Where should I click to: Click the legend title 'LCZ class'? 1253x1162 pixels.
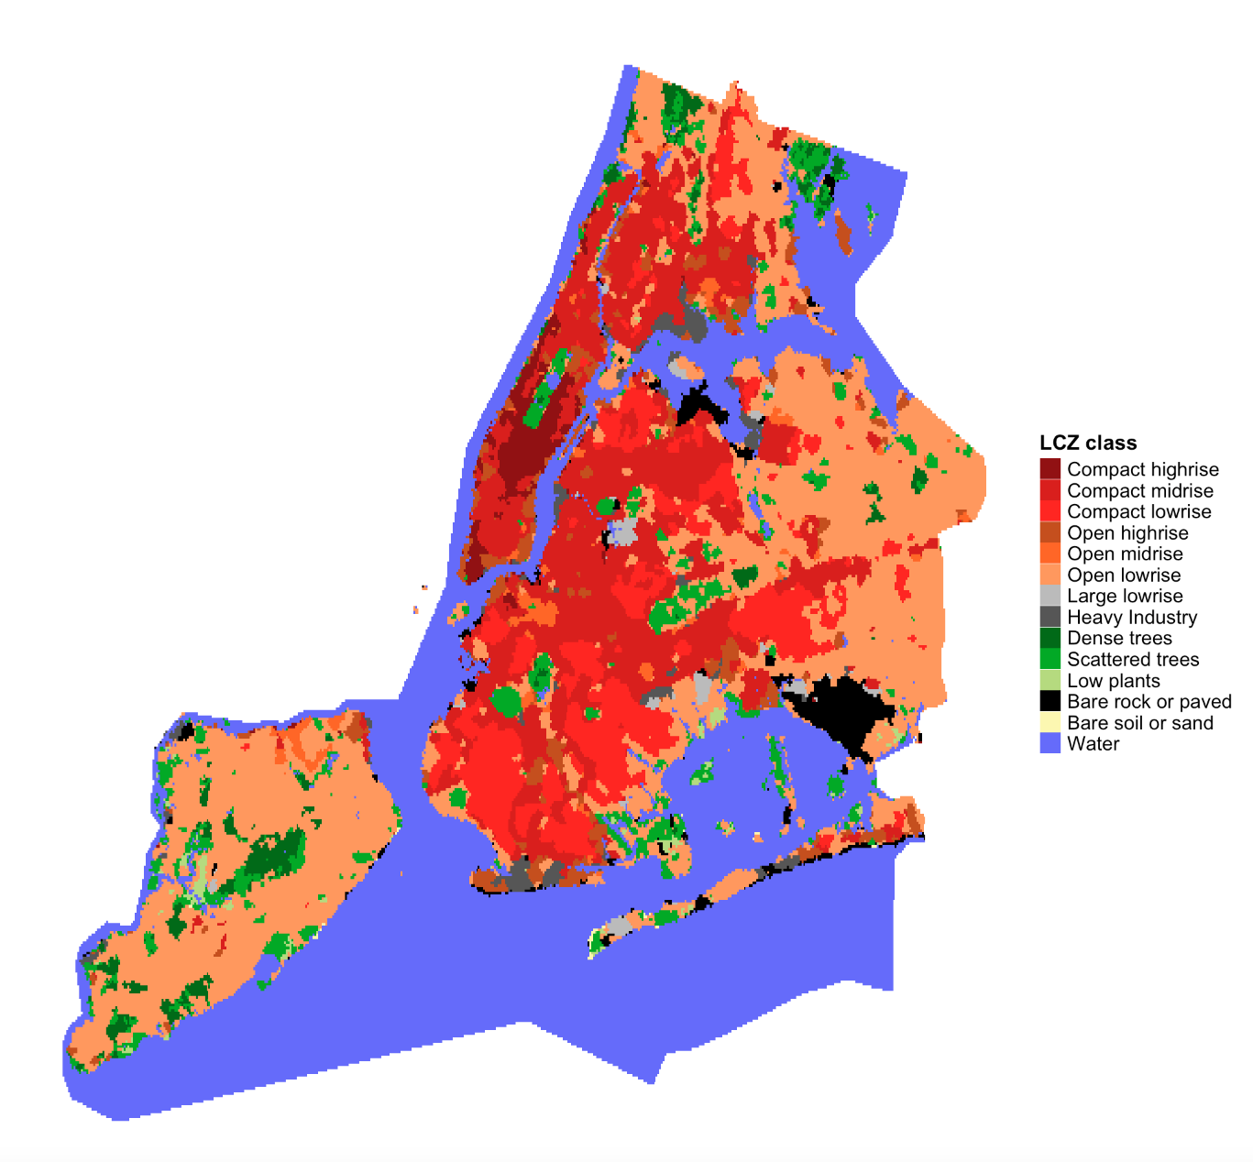coord(1088,444)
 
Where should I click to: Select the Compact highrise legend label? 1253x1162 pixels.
coord(1142,469)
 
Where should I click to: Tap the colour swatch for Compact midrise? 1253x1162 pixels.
coord(1050,490)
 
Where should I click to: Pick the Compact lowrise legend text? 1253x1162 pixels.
coord(1138,511)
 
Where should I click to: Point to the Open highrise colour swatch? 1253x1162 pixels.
coord(1050,532)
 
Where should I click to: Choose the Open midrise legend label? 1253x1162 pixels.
coord(1125,554)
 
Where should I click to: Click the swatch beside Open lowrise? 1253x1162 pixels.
coord(1050,575)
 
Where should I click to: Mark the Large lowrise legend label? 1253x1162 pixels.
coord(1125,596)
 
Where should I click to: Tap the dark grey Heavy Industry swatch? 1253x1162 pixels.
coord(1050,617)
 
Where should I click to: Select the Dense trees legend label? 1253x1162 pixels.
coord(1119,638)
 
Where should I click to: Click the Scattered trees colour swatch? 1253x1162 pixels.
coord(1050,659)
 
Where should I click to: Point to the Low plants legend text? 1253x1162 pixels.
coord(1113,681)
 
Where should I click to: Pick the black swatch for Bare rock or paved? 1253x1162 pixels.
coord(1050,701)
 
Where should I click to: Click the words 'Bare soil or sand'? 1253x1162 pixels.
coord(1139,723)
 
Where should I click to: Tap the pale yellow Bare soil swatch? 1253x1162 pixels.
coord(1050,723)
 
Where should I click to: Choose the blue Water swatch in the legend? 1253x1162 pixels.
coord(1050,743)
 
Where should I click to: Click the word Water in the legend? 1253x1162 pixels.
coord(1093,744)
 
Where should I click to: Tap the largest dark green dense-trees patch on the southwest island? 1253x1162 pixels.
coord(275,857)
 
